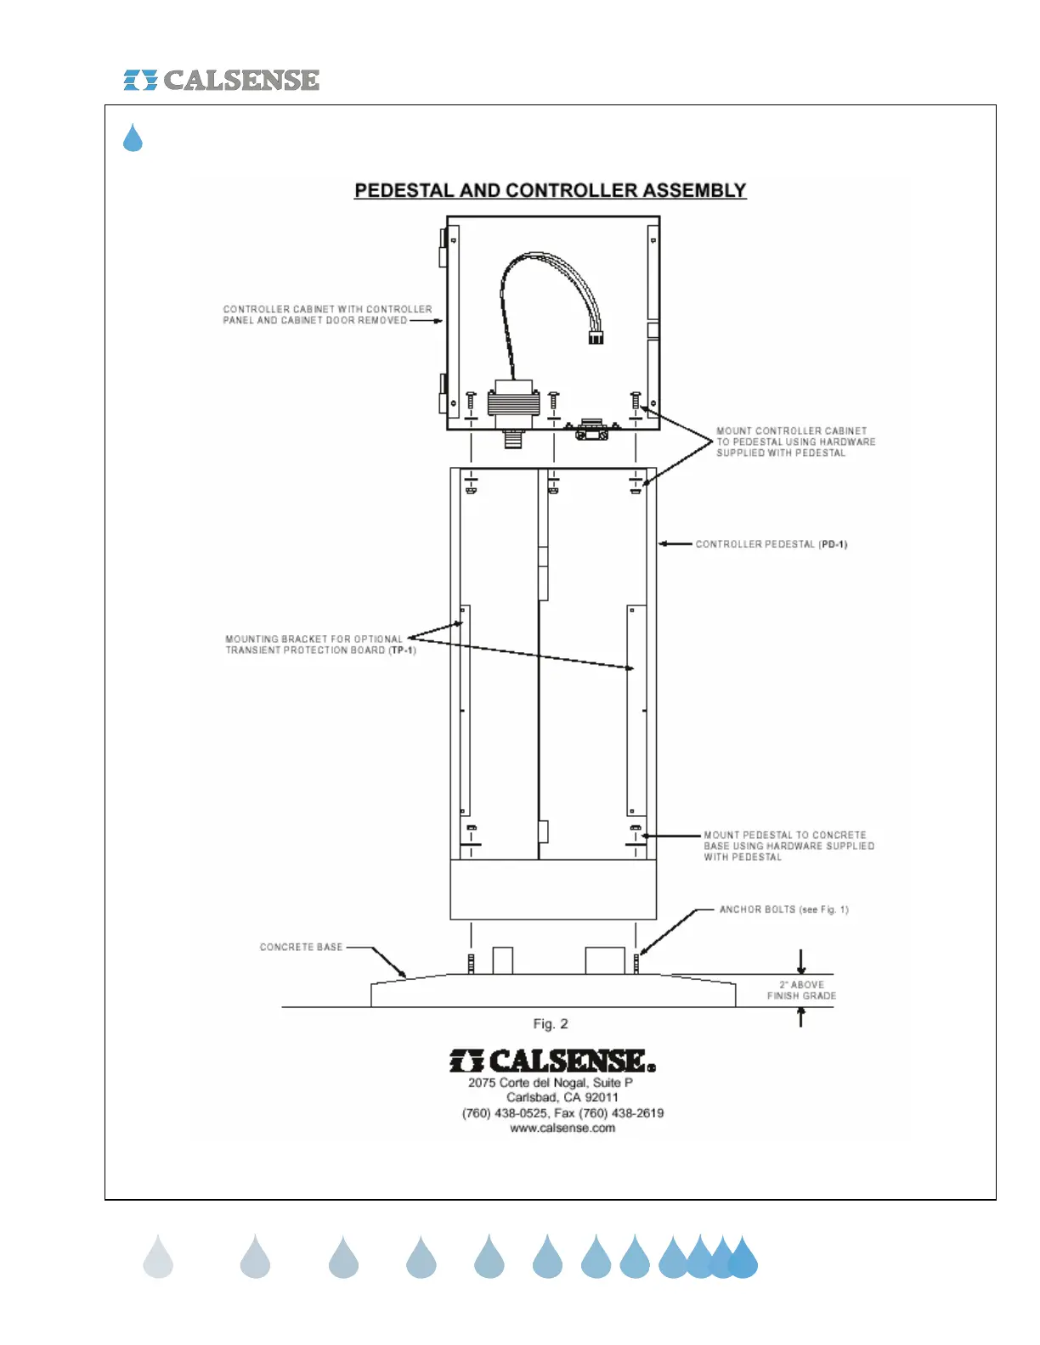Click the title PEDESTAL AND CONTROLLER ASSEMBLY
click(x=550, y=190)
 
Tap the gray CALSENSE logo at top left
click(x=222, y=80)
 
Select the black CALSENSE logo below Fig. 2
click(x=552, y=1061)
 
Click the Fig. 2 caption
click(x=551, y=1024)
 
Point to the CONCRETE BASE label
click(x=301, y=947)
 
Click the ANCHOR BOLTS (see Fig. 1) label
click(x=783, y=909)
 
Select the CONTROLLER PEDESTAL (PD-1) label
click(x=771, y=544)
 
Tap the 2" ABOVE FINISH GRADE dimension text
click(x=801, y=990)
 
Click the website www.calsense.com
click(x=562, y=1128)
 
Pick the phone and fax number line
click(x=562, y=1113)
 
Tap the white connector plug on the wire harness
click(x=596, y=337)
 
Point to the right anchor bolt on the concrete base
click(x=636, y=964)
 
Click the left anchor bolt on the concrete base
click(x=471, y=964)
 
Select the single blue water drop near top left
click(x=133, y=138)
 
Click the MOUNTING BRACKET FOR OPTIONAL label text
click(x=314, y=639)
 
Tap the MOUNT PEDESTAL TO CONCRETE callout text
click(x=785, y=836)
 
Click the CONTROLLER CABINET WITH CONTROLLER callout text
click(x=327, y=309)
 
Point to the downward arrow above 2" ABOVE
click(x=800, y=961)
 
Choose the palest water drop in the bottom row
click(x=158, y=1258)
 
